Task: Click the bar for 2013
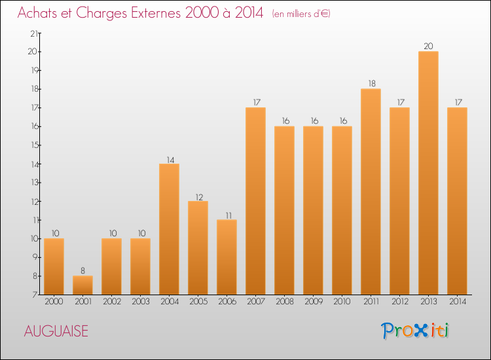(428, 173)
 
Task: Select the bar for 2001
(82, 285)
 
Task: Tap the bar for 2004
(169, 229)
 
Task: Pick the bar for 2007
(255, 201)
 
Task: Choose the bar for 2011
(371, 191)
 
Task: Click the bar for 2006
(227, 257)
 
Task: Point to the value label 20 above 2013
(428, 46)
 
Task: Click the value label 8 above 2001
(82, 270)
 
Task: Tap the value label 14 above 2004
(169, 158)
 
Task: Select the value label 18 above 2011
(371, 83)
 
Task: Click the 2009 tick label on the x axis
(313, 302)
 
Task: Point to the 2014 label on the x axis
(457, 302)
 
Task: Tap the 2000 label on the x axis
(54, 302)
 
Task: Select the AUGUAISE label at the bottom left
(56, 331)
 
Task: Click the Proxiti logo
(415, 331)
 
